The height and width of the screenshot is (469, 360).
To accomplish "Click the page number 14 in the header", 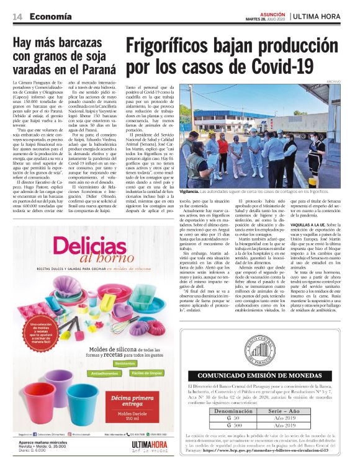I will coord(18,17).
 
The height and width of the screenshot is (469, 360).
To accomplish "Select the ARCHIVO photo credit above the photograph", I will coord(334,82).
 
